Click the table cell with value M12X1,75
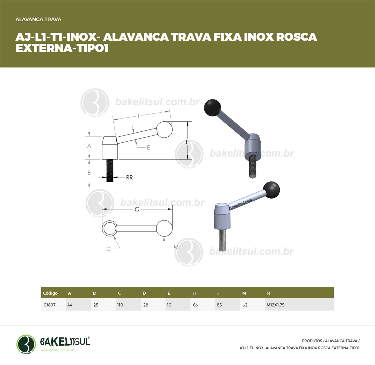point(299,305)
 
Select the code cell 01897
point(53,305)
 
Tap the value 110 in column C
point(120,305)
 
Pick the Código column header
point(50,293)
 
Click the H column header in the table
point(194,293)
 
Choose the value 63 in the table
point(195,305)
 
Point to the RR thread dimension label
point(129,177)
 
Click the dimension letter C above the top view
point(137,209)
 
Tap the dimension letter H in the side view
point(188,142)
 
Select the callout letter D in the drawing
point(108,249)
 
